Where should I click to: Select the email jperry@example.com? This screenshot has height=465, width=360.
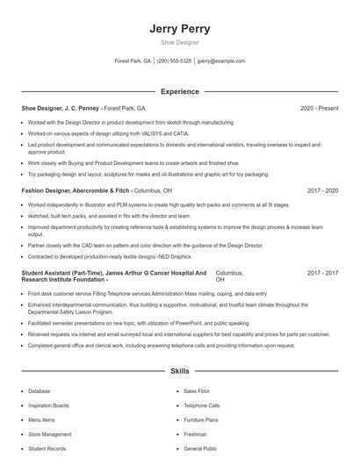[x=221, y=61]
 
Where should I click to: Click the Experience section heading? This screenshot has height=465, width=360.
[x=180, y=91]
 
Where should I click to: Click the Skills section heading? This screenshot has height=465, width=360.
[x=180, y=372]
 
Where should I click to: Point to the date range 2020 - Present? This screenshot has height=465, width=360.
[x=319, y=108]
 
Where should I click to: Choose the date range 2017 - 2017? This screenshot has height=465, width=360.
[x=322, y=273]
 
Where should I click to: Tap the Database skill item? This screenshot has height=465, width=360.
[x=40, y=391]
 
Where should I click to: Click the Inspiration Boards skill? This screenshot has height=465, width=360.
[x=49, y=405]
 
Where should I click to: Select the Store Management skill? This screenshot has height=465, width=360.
[x=50, y=434]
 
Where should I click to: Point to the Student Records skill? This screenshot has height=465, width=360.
[x=47, y=448]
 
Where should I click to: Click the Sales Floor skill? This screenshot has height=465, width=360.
[x=198, y=391]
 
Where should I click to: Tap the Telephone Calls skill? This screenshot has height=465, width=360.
[x=202, y=405]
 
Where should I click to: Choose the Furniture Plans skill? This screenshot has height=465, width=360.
[x=201, y=419]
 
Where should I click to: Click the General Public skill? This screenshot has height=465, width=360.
[x=200, y=448]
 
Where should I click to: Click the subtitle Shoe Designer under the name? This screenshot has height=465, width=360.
[x=180, y=42]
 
